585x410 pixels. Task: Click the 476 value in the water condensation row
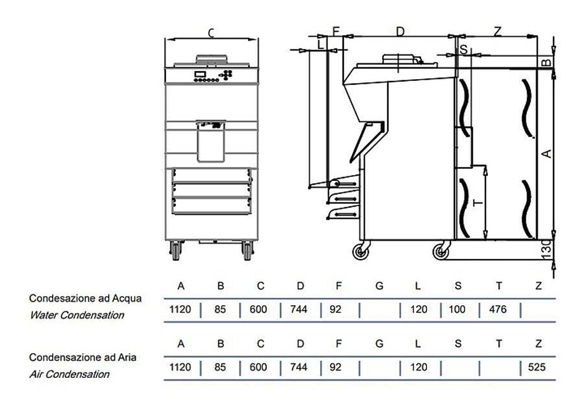[x=498, y=309]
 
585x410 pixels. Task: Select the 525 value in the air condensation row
[x=536, y=367]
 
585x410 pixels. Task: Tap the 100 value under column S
[x=457, y=309]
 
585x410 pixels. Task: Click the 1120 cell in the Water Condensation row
[x=180, y=309]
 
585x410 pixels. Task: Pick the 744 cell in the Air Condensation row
[x=298, y=367]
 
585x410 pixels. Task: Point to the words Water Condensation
[x=77, y=315]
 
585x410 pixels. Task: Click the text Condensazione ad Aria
[x=83, y=357]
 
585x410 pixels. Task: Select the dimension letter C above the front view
[x=211, y=33]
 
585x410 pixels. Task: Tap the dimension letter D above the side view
[x=400, y=32]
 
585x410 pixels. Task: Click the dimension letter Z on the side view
[x=498, y=32]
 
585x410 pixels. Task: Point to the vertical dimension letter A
[x=546, y=153]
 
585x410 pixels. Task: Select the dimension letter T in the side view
[x=478, y=203]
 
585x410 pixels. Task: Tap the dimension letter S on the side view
[x=463, y=49]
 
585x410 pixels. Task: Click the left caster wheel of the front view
[x=175, y=251]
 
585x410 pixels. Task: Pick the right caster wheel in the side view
[x=441, y=252]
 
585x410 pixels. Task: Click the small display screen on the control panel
[x=200, y=74]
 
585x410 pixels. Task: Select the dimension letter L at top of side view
[x=321, y=45]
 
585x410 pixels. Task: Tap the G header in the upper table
[x=379, y=286]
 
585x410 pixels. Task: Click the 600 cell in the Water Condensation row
[x=258, y=309]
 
